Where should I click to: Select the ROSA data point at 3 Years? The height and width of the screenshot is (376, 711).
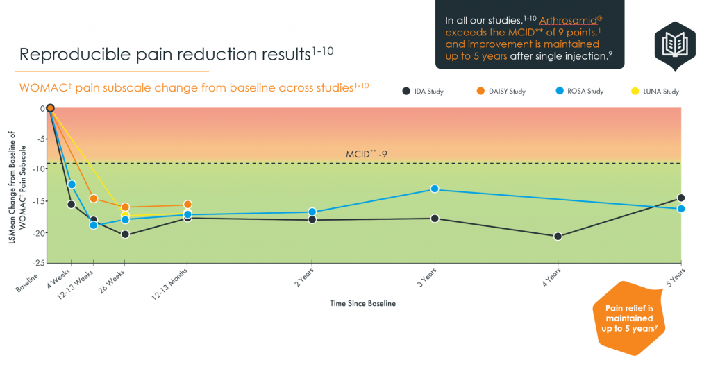[x=435, y=189]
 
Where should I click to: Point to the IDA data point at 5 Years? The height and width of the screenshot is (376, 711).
[x=681, y=198]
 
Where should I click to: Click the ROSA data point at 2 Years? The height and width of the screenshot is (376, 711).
[x=312, y=212]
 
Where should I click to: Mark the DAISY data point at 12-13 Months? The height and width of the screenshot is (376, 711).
[x=187, y=205]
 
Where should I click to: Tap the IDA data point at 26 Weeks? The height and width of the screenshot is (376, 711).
[x=124, y=234]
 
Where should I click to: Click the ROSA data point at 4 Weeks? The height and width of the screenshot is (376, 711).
[x=72, y=184]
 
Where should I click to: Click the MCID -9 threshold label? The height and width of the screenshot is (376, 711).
[x=366, y=154]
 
